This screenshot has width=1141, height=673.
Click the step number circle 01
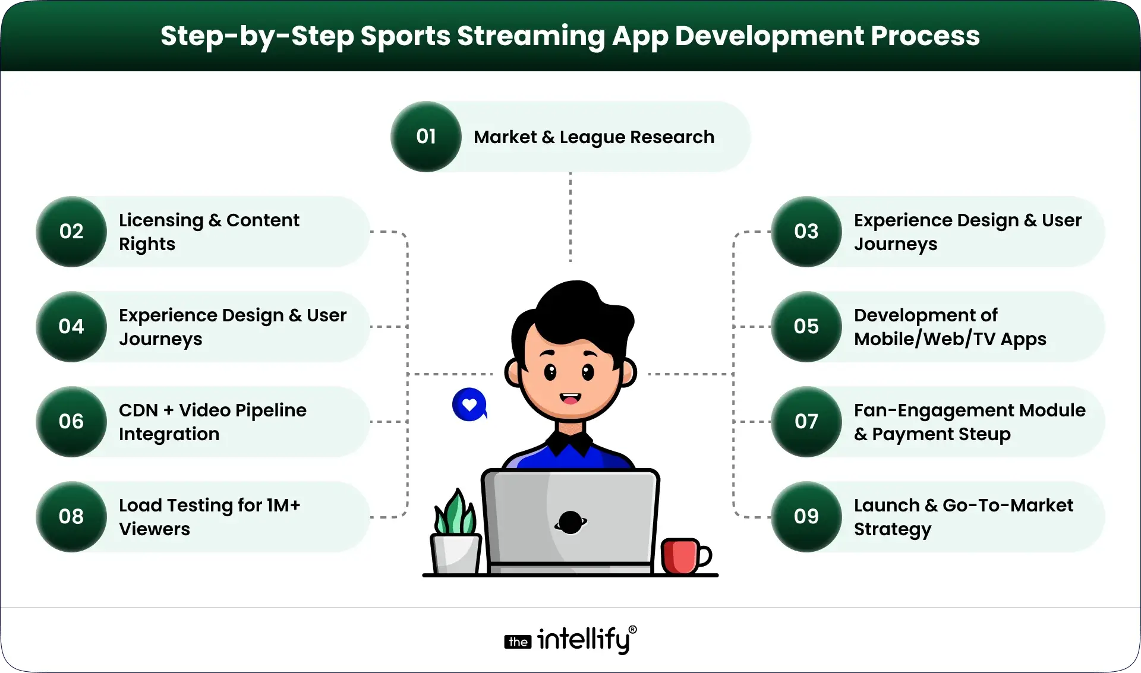pos(426,137)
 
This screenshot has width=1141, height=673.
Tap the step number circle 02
pos(71,232)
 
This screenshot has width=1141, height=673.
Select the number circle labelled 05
pos(806,327)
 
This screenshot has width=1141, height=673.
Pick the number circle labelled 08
pos(71,517)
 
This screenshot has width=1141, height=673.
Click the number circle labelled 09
pos(806,517)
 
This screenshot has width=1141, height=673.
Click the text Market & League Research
pos(594,137)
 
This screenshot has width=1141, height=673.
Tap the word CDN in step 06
pos(138,410)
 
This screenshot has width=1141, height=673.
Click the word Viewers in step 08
pos(155,529)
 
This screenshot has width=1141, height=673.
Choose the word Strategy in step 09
pos(893,529)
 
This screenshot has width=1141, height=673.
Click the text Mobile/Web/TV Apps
pos(950,339)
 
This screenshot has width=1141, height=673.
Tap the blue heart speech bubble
pos(469,405)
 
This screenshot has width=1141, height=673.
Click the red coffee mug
pos(682,556)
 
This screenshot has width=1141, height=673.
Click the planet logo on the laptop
pos(570,522)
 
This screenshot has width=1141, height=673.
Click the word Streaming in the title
pos(531,36)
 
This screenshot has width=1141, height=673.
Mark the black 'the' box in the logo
pos(518,642)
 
